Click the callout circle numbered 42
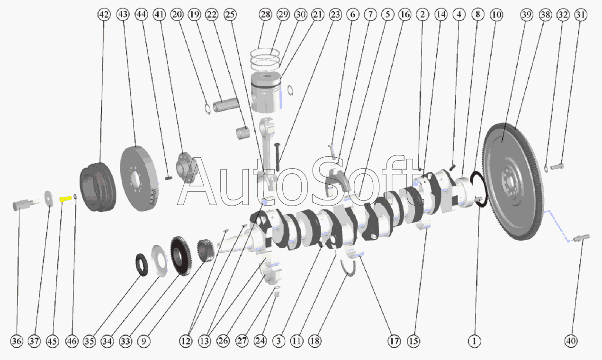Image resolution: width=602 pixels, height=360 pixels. pyautogui.click(x=104, y=14)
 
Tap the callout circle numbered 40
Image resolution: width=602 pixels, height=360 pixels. pyautogui.click(x=571, y=341)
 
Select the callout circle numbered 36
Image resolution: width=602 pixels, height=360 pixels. pyautogui.click(x=17, y=341)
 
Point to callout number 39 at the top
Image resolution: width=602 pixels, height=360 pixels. pyautogui.click(x=527, y=14)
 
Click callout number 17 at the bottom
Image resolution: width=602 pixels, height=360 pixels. pyautogui.click(x=394, y=341)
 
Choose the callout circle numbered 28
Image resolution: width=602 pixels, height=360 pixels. pyautogui.click(x=266, y=14)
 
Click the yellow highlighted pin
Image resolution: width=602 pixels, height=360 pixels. pyautogui.click(x=65, y=199)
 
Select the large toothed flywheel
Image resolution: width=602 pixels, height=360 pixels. pyautogui.click(x=514, y=181)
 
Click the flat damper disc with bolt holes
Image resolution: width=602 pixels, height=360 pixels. pyautogui.click(x=139, y=178)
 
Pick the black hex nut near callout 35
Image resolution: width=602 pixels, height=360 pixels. pyautogui.click(x=142, y=265)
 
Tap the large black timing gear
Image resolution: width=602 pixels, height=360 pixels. pyautogui.click(x=181, y=256)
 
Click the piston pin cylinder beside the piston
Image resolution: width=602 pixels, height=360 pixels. pyautogui.click(x=226, y=105)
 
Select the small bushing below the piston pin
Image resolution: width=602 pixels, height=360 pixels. pyautogui.click(x=243, y=133)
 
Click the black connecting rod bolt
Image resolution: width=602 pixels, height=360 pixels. pyautogui.click(x=278, y=157)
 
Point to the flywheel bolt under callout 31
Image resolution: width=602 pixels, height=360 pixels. pyautogui.click(x=557, y=167)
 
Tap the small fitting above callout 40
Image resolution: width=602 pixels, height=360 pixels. pyautogui.click(x=581, y=238)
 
